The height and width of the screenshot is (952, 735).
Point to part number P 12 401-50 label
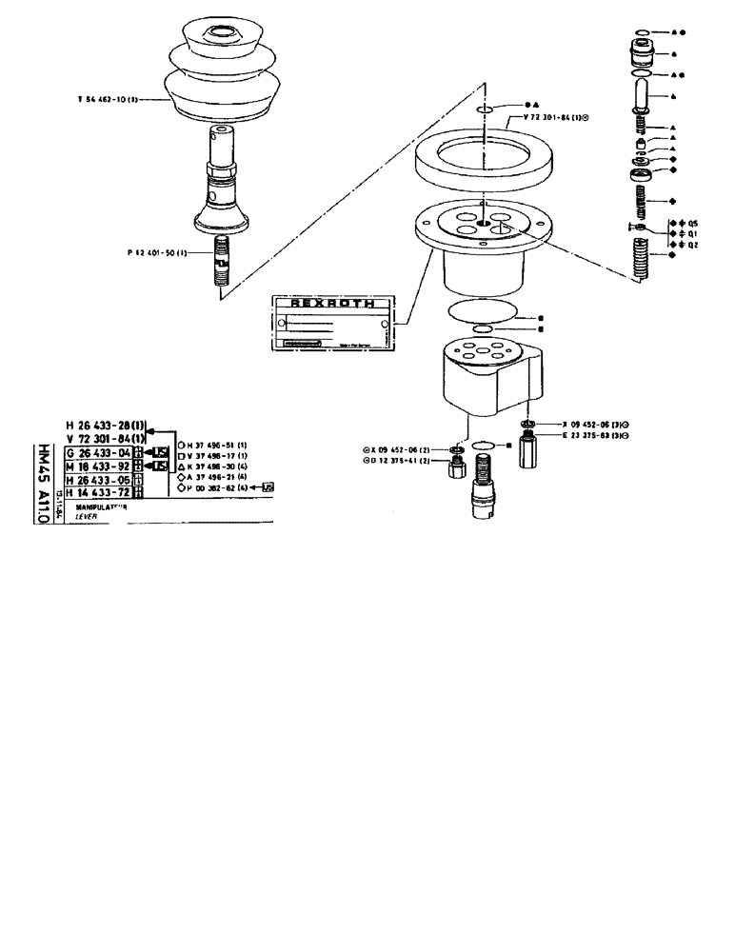pos(157,252)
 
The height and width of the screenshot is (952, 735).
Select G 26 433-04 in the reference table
pos(98,452)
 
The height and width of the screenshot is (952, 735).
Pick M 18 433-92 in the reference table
pos(98,466)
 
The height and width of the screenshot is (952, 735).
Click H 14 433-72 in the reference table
pos(98,493)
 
